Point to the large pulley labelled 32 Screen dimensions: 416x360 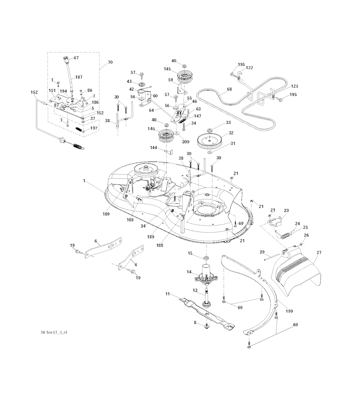coord(211,141)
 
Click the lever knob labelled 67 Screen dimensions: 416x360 coord(66,59)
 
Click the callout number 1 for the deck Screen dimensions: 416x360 coord(84,180)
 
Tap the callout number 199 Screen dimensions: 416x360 coord(289,311)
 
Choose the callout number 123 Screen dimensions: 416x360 coord(294,86)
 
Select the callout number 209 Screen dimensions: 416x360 coord(186,142)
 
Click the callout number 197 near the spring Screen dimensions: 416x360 coord(94,128)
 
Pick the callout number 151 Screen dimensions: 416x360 coord(52,90)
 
